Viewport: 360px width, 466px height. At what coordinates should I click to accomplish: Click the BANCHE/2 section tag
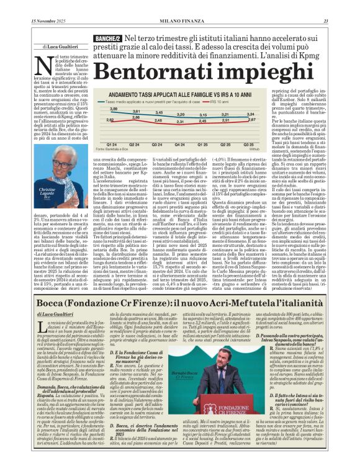pos(107,39)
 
